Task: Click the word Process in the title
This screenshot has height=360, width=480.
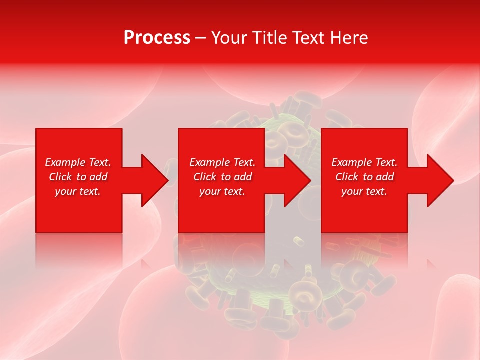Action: [x=157, y=38]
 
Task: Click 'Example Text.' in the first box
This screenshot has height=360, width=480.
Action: [x=78, y=162]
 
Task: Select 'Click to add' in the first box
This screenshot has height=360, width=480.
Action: [x=78, y=177]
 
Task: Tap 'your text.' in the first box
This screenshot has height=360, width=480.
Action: [x=78, y=191]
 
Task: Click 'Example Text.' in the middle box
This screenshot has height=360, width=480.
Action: [x=222, y=162]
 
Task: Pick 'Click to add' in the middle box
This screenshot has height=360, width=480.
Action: [x=222, y=177]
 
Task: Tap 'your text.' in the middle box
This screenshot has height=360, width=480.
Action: [x=222, y=191]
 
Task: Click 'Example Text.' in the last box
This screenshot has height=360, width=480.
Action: [x=364, y=162]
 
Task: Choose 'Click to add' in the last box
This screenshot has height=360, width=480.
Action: [x=364, y=177]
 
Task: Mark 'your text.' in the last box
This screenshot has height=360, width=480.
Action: [x=364, y=191]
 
